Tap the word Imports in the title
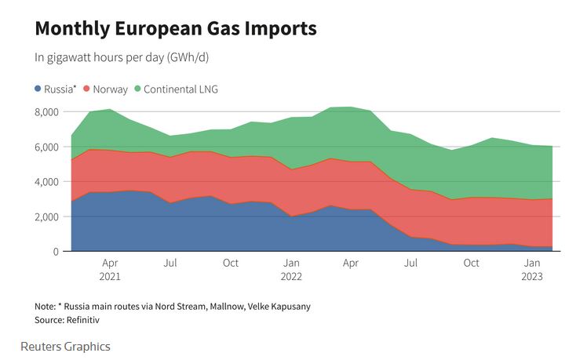[x=279, y=29]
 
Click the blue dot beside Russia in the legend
[x=38, y=89]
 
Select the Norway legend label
[x=110, y=89]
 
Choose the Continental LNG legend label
[x=181, y=89]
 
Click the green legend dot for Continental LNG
[x=138, y=89]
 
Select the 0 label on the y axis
[x=57, y=251]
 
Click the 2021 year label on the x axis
[x=110, y=276]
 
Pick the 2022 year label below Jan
[x=290, y=276]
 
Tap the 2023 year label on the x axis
[x=532, y=276]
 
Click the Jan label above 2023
[x=532, y=264]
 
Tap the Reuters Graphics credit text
[x=65, y=346]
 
